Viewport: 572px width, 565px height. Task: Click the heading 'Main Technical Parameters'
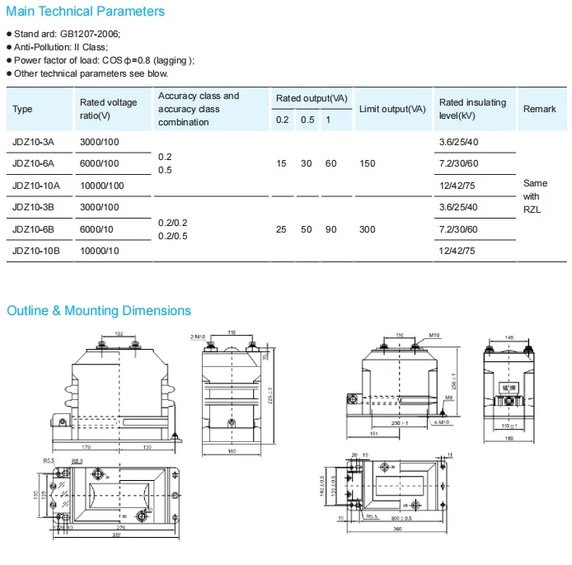(x=86, y=12)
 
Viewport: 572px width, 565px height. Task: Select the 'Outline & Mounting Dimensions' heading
(x=99, y=311)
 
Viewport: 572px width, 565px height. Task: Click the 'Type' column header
(x=23, y=109)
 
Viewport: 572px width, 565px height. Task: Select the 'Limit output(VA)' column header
(x=392, y=109)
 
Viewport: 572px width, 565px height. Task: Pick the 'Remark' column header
(x=539, y=109)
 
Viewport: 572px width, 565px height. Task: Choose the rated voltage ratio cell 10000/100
(x=101, y=186)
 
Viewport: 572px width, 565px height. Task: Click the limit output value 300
(x=368, y=228)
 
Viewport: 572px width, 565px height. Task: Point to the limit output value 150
(x=368, y=163)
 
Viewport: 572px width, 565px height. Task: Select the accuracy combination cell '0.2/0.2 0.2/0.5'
(x=173, y=228)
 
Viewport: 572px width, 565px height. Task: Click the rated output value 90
(x=331, y=228)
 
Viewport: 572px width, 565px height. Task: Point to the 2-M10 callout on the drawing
(x=197, y=337)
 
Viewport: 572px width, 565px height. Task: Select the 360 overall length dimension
(x=397, y=528)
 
